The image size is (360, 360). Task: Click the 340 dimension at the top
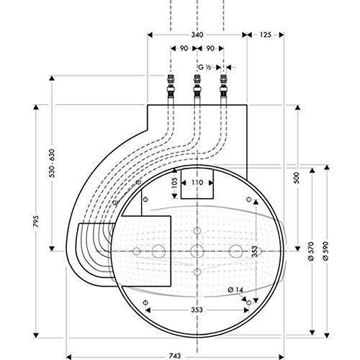coord(196,34)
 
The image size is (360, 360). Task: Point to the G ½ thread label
coord(204,66)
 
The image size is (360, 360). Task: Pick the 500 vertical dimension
coord(297,178)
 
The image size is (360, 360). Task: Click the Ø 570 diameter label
coord(311,251)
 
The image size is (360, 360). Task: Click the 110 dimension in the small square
coord(197,184)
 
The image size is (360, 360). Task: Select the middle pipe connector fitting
coord(196,86)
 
